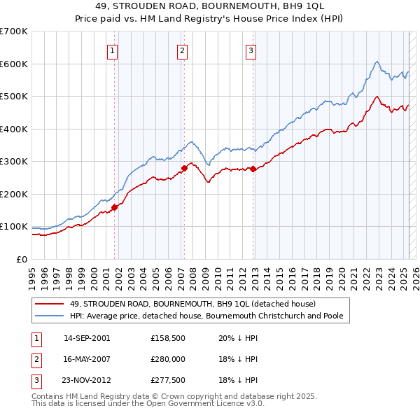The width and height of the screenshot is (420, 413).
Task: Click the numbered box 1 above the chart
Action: point(113,50)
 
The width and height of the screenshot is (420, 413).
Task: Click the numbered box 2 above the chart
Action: point(182,50)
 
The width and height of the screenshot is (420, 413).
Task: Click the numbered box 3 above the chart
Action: point(251,50)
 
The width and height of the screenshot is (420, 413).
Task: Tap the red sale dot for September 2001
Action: point(114,207)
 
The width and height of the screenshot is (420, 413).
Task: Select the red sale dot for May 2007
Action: point(184,168)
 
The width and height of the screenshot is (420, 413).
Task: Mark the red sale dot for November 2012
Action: point(253,169)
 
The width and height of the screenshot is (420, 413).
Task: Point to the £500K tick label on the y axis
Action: point(14,96)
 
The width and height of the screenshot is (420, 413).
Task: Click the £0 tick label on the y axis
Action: point(22,259)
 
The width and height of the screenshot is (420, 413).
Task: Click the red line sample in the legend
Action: point(50,304)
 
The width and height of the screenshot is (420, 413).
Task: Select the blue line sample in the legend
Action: point(50,316)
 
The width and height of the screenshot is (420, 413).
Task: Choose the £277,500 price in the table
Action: point(168,381)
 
